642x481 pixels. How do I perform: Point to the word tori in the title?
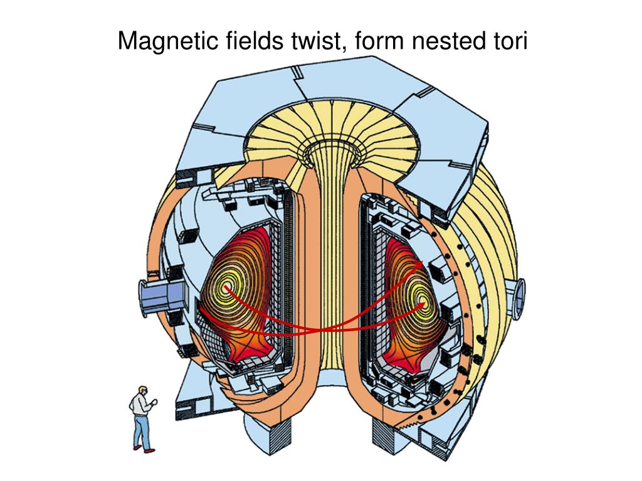pyautogui.click(x=508, y=42)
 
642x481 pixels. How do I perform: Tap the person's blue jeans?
pyautogui.click(x=141, y=429)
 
